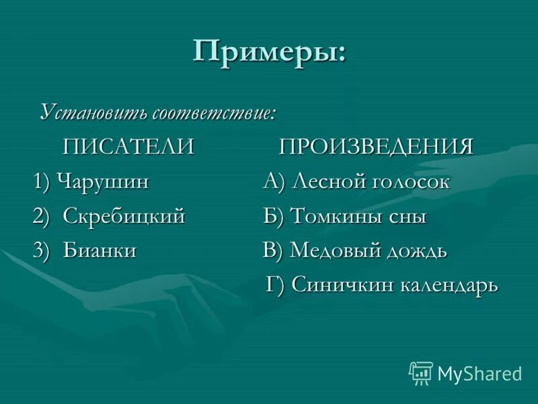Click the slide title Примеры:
coord(270,52)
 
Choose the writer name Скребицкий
coord(124,216)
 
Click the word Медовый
coord(336,250)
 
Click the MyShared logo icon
coord(421,373)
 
